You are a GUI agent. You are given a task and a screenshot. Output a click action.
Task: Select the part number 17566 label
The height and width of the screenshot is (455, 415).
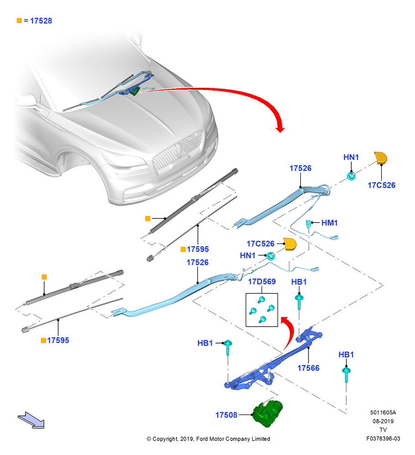308,368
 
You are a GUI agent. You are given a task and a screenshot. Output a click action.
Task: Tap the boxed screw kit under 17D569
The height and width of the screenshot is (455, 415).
262,310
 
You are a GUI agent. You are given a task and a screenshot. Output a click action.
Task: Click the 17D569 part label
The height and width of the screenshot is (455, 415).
262,282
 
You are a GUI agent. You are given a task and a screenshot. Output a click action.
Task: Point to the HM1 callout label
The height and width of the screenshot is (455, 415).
329,223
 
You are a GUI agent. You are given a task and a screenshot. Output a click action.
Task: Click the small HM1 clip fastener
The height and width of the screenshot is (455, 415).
308,223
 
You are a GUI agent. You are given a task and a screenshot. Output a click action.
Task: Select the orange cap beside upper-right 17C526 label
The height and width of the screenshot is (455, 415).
380,158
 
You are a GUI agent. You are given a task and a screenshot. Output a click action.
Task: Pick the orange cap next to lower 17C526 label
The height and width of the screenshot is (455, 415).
289,244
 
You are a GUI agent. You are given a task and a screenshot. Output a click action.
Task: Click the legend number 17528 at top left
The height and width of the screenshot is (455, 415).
41,21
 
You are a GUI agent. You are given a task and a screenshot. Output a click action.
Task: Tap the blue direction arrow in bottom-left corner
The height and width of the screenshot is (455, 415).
31,420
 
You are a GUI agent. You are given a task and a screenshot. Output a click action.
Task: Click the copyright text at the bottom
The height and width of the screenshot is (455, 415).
208,439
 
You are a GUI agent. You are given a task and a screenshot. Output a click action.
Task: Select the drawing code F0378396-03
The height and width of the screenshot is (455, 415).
383,439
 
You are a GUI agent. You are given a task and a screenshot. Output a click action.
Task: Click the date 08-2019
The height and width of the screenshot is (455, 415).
383,421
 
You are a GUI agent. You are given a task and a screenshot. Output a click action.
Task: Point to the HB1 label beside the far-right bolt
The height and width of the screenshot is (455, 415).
346,354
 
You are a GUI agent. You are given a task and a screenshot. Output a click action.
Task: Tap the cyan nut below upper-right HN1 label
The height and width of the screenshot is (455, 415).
351,176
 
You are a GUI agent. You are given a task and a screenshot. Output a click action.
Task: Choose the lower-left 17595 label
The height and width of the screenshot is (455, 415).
58,340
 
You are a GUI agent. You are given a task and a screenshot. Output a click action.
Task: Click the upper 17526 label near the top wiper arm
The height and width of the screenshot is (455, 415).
300,168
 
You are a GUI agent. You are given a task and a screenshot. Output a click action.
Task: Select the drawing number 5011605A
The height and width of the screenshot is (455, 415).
383,412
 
